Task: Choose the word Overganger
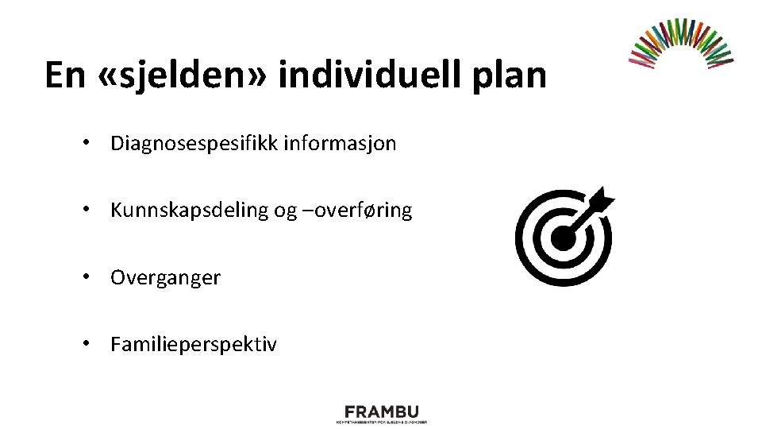click(x=165, y=278)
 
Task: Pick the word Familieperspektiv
click(x=194, y=345)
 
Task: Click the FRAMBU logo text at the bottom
click(x=380, y=412)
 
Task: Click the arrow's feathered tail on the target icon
click(x=602, y=199)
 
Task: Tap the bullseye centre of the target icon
click(x=563, y=237)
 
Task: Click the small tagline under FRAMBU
click(x=380, y=422)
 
